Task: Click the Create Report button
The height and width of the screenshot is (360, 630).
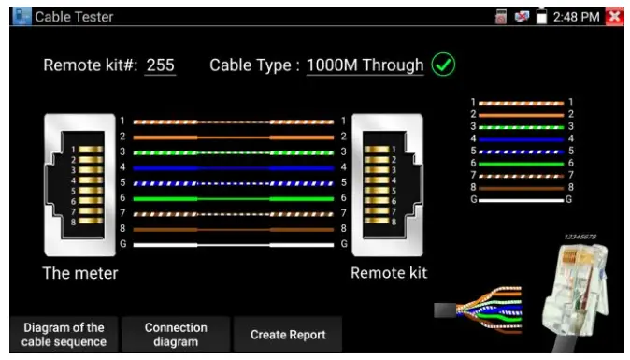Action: [x=288, y=334]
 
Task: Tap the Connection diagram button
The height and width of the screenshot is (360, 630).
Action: [x=176, y=334]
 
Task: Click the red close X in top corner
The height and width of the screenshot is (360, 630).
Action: [x=614, y=16]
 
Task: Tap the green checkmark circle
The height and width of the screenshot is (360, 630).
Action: [x=443, y=65]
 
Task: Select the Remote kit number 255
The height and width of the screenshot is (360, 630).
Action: [x=160, y=66]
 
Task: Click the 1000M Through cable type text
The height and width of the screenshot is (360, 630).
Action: [x=365, y=66]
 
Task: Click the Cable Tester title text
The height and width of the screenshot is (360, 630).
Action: [x=74, y=16]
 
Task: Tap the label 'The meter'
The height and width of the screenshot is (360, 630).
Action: [x=80, y=273]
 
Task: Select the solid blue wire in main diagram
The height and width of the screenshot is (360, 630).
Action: [x=233, y=167]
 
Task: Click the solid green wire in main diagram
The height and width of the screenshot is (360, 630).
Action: [x=233, y=198]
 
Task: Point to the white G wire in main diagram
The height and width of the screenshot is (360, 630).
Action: [x=233, y=244]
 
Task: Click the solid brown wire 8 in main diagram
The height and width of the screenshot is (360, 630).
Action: [x=233, y=228]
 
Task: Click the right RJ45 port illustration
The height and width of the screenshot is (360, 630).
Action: [x=387, y=185]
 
